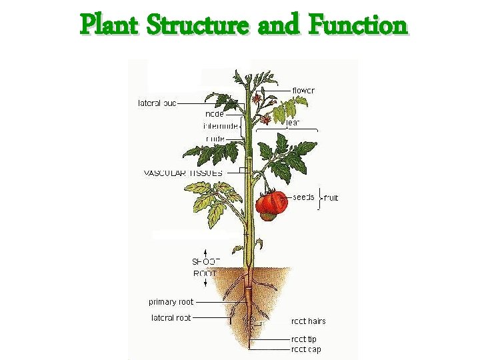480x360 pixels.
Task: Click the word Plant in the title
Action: pos(109,25)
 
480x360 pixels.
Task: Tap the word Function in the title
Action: pos(357,25)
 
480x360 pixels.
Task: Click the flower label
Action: pos(303,90)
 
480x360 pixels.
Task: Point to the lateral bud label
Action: pos(157,103)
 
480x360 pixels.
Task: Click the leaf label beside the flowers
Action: pos(293,122)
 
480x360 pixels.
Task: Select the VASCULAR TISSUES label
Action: pos(183,173)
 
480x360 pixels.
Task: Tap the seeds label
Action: pos(303,197)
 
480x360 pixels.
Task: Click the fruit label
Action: pos(331,198)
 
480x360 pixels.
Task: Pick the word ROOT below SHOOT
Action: pos(205,273)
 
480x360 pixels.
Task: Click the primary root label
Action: pos(171,302)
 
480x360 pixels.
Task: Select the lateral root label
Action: pos(171,318)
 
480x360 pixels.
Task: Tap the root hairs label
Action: pos(309,321)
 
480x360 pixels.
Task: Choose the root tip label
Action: pos(304,339)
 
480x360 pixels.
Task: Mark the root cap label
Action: pos(305,349)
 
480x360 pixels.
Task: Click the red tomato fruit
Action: pos(272,202)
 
